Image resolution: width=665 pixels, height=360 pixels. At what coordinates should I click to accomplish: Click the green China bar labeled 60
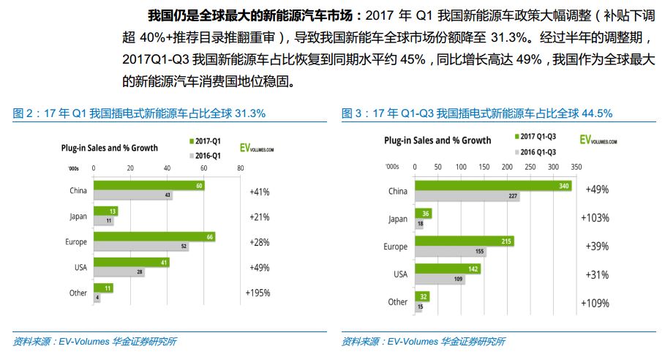tap(149, 186)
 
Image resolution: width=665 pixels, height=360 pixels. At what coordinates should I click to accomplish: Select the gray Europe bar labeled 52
tap(140, 247)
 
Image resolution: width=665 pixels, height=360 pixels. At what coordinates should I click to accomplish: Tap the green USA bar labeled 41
tap(131, 262)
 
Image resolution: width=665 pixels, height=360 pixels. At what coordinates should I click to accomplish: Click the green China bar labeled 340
tap(486, 185)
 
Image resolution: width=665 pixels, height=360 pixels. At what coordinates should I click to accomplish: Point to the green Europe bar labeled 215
tap(464, 241)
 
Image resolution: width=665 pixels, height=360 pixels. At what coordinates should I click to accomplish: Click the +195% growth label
tap(258, 293)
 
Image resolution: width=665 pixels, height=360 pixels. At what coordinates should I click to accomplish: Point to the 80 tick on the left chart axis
tap(240, 169)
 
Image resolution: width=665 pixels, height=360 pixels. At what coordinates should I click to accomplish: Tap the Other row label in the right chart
tap(398, 301)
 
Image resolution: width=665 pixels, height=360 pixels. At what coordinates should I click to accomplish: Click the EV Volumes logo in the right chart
tap(599, 140)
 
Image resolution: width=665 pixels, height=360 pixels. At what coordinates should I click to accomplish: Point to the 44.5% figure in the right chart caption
tap(594, 113)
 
